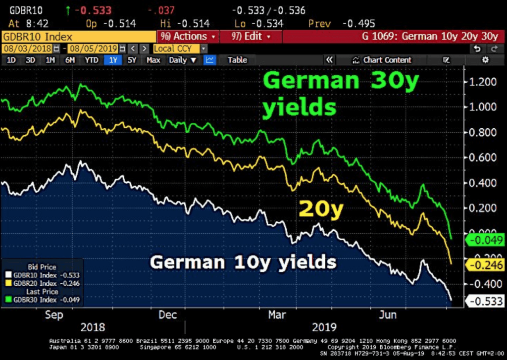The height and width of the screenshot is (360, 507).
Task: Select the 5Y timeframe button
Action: [132, 60]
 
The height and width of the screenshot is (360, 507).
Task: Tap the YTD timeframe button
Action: [91, 60]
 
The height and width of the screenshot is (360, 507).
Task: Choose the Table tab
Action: [237, 60]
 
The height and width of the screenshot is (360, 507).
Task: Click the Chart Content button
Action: [382, 60]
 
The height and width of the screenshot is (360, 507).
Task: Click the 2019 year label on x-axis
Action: [324, 327]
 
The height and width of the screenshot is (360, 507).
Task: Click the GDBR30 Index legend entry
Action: [42, 300]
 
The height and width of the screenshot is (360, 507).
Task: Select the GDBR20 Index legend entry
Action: [42, 283]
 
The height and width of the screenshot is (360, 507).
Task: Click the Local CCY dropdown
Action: [180, 49]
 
